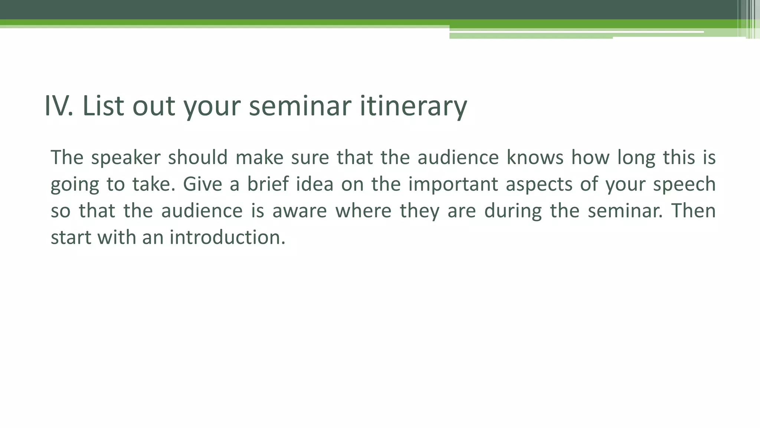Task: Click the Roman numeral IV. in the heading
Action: coord(58,106)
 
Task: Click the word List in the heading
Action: coord(103,106)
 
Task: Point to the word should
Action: coord(197,158)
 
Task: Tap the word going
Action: coord(75,185)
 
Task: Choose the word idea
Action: coord(315,184)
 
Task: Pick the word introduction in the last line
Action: coord(227,237)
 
